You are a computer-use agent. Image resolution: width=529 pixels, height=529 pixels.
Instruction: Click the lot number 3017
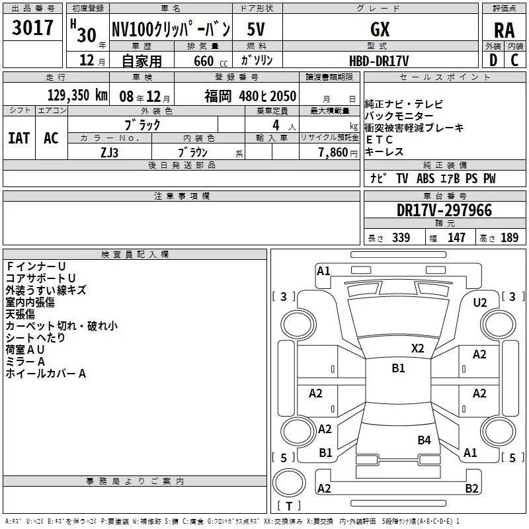(32, 28)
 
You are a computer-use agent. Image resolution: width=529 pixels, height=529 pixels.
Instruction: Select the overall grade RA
(505, 30)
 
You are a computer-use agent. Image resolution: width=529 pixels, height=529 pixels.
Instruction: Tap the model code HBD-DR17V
(379, 61)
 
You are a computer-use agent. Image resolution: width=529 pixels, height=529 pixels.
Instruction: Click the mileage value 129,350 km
(77, 95)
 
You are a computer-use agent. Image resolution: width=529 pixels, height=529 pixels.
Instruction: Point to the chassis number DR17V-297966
(444, 210)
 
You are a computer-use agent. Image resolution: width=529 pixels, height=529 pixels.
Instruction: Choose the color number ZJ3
(110, 153)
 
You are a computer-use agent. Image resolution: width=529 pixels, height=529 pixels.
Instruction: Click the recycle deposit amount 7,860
(333, 153)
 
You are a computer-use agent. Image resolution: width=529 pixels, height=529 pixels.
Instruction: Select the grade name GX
(380, 29)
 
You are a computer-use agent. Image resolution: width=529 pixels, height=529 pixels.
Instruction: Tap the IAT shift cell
(19, 138)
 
